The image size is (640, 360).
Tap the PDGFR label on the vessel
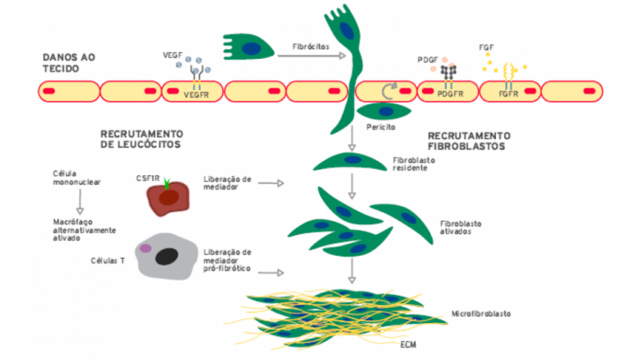point(450,94)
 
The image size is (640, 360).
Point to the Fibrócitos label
point(310,46)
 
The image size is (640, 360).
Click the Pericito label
point(380,128)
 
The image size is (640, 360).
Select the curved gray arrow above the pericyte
point(389,91)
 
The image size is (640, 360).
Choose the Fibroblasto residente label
point(414,165)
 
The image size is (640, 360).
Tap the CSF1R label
point(147,179)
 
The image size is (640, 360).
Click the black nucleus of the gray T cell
point(168,257)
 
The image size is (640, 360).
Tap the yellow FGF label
point(487,48)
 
